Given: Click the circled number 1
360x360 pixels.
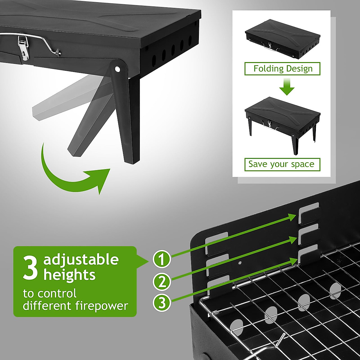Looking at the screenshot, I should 162,259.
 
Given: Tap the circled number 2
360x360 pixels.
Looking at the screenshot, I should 162,282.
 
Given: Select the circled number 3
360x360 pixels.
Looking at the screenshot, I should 162,303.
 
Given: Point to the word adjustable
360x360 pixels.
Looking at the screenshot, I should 81,260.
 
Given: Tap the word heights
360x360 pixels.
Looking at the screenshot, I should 69,275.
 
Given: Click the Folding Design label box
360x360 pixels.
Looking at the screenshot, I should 282,69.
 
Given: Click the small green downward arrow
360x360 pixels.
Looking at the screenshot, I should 286,87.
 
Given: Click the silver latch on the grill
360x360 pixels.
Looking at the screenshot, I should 23,48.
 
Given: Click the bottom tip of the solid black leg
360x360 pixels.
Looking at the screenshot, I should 132,162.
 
